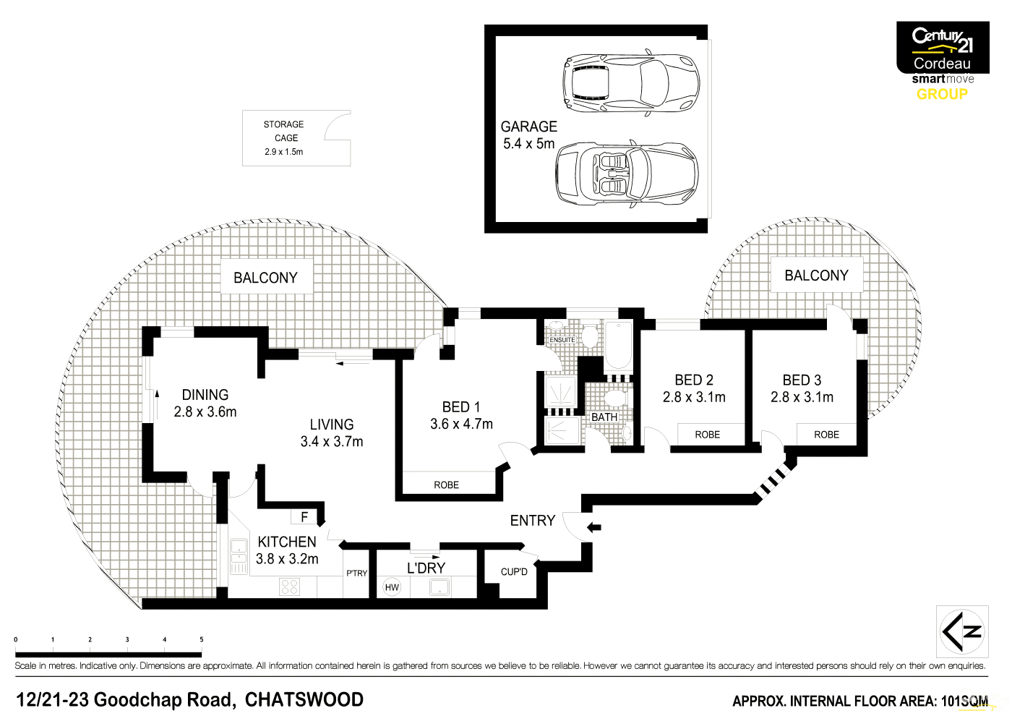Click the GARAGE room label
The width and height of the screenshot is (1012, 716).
click(528, 127)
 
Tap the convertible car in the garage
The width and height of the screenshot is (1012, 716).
click(626, 174)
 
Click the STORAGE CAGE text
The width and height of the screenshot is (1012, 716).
click(284, 131)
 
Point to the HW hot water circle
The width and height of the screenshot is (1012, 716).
click(392, 587)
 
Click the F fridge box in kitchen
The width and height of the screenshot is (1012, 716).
click(304, 517)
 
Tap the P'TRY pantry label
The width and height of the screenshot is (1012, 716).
click(356, 574)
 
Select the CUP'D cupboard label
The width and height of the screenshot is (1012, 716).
click(514, 572)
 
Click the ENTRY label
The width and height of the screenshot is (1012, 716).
click(533, 521)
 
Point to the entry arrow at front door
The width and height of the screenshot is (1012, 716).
click(593, 527)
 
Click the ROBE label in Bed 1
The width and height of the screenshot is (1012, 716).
click(446, 485)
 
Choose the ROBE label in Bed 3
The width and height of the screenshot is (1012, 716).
click(826, 435)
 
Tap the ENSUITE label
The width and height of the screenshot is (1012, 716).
click(562, 340)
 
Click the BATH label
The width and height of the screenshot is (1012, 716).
click(604, 417)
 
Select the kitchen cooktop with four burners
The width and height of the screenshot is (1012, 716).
click(289, 587)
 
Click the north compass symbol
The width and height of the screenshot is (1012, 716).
click(962, 631)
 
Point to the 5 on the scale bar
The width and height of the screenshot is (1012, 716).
click(201, 639)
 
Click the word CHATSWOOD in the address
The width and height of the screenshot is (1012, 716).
click(304, 700)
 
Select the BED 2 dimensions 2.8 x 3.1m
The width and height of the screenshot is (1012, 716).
click(694, 397)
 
